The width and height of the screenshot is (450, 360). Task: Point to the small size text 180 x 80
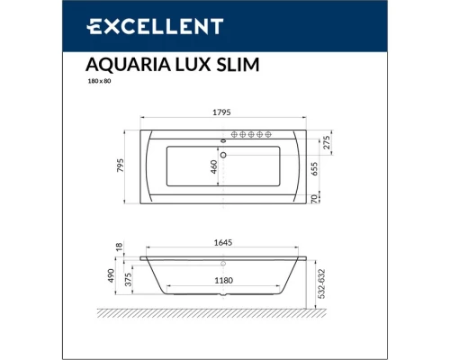tap(98, 81)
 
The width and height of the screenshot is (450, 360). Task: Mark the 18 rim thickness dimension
tap(118, 246)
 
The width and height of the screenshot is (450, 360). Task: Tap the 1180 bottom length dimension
tap(223, 281)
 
